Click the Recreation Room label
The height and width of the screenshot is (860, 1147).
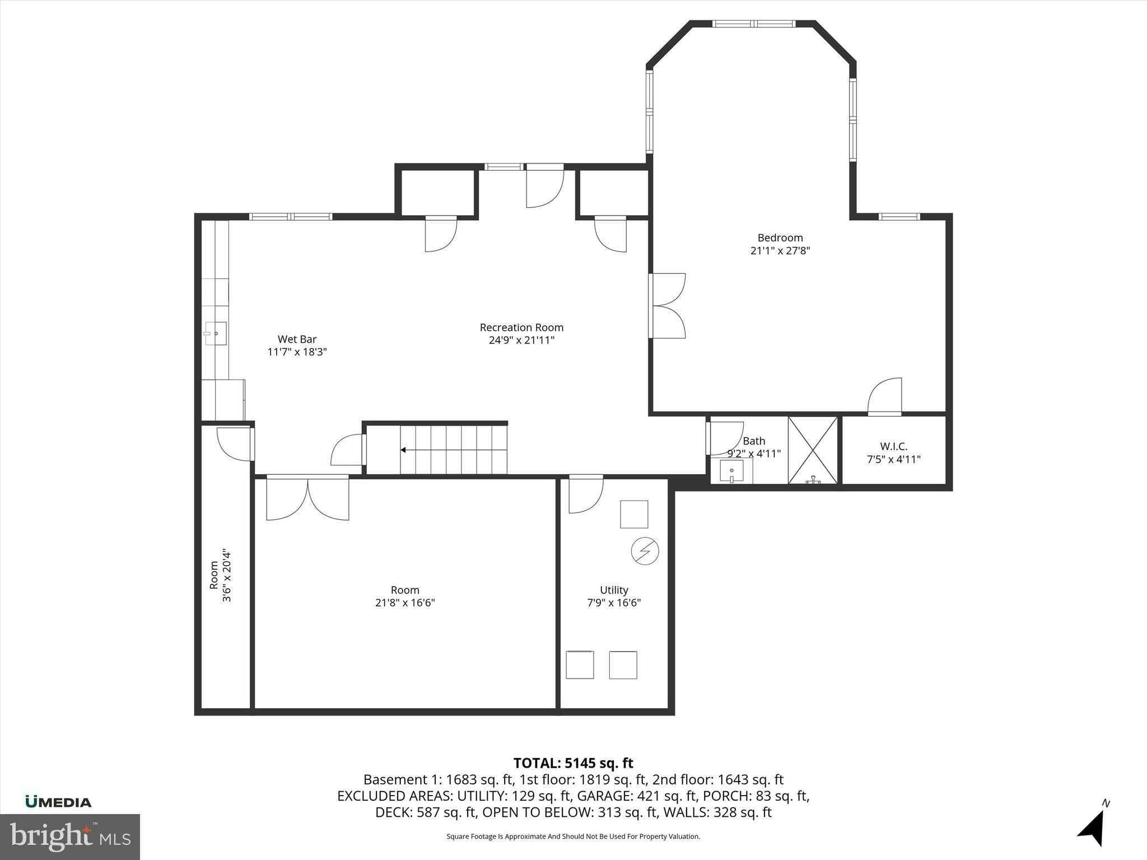(x=521, y=328)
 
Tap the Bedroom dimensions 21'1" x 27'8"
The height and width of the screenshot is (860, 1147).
(x=780, y=251)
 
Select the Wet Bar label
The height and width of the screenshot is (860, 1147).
(x=297, y=339)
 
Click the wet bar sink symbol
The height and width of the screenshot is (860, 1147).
(x=216, y=333)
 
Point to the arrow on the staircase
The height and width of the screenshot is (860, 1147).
(x=403, y=450)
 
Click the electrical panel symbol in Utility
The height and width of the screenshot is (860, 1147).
(x=645, y=551)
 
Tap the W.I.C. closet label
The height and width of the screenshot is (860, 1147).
(x=893, y=446)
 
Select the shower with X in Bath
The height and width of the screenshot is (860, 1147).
(x=813, y=450)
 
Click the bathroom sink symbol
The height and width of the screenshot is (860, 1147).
(x=731, y=471)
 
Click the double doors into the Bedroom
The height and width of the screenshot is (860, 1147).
(x=668, y=306)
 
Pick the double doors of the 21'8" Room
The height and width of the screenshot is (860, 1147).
(x=307, y=497)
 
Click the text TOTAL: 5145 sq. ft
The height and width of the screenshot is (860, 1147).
(x=573, y=763)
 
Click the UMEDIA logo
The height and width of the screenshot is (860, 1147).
(x=58, y=802)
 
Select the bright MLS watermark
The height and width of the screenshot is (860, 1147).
(x=70, y=836)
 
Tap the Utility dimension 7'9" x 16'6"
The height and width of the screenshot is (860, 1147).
(x=614, y=603)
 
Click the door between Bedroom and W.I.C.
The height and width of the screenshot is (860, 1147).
(x=885, y=396)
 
